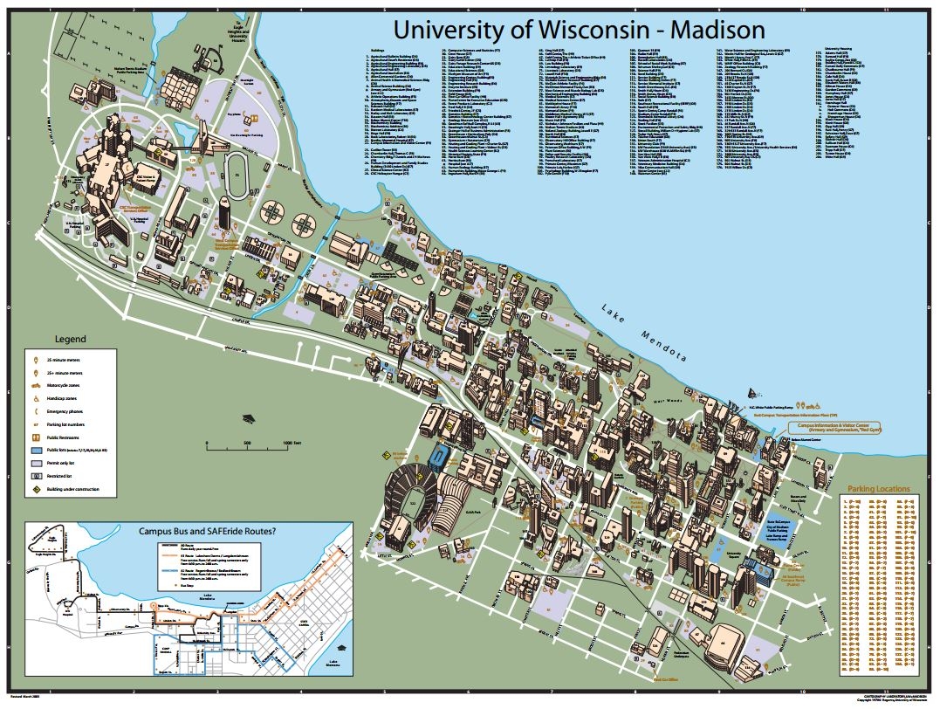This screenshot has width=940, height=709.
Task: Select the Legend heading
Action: pyautogui.click(x=71, y=339)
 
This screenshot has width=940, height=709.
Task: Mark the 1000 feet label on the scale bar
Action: pyautogui.click(x=292, y=444)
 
